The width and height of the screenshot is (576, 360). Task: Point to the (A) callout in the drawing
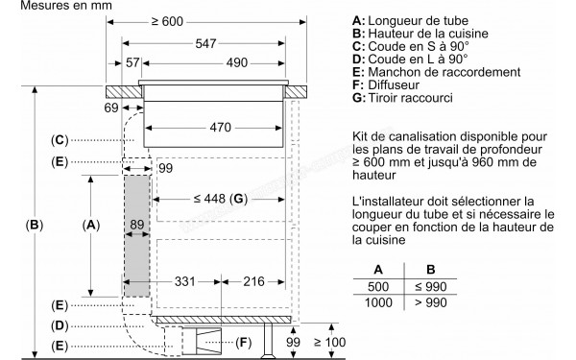point(91,226)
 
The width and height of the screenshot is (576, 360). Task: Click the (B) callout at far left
point(35,227)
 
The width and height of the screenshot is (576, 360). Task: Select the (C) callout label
point(60,140)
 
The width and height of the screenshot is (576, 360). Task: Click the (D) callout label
point(60,324)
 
